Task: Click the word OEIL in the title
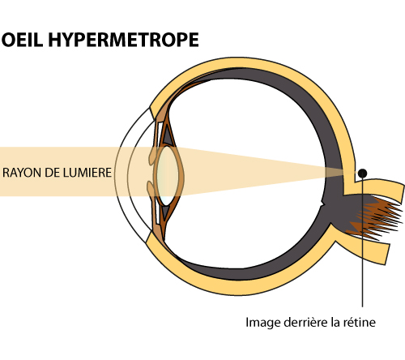point(23,40)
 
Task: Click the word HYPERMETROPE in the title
point(124,40)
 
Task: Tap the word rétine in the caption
point(360,322)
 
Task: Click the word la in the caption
point(335,322)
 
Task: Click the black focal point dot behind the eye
point(362,173)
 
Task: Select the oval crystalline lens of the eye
point(168,175)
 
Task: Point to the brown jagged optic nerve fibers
point(378,217)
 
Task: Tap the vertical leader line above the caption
point(362,242)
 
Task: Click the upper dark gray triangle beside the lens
point(167,136)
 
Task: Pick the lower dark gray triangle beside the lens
point(165,212)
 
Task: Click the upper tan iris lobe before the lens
point(153,156)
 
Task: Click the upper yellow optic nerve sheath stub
point(380,188)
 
